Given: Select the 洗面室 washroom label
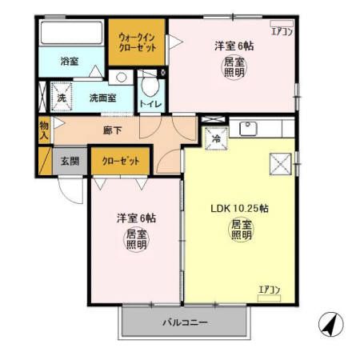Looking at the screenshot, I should (x=102, y=98).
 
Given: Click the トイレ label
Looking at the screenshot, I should (x=147, y=104).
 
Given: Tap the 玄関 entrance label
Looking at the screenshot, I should (x=70, y=161).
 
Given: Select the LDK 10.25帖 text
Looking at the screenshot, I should (x=239, y=208).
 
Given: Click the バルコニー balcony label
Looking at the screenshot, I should (x=186, y=323).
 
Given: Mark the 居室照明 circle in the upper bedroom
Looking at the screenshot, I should (x=233, y=67).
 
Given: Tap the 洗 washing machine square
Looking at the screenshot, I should (x=61, y=98).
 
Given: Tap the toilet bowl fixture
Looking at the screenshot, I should (x=148, y=85).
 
